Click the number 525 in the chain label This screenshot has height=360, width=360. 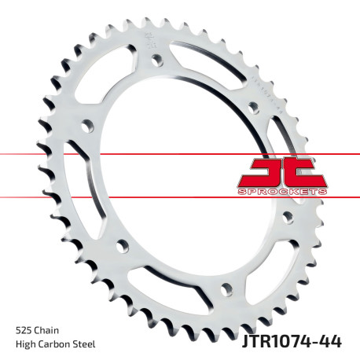pos(24,330)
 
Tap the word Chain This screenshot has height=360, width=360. pos(47,330)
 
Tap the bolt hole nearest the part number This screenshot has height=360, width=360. pos(226,286)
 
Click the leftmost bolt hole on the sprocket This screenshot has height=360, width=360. pos(86,124)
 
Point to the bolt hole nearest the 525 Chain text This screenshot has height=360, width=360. pos(122,247)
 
